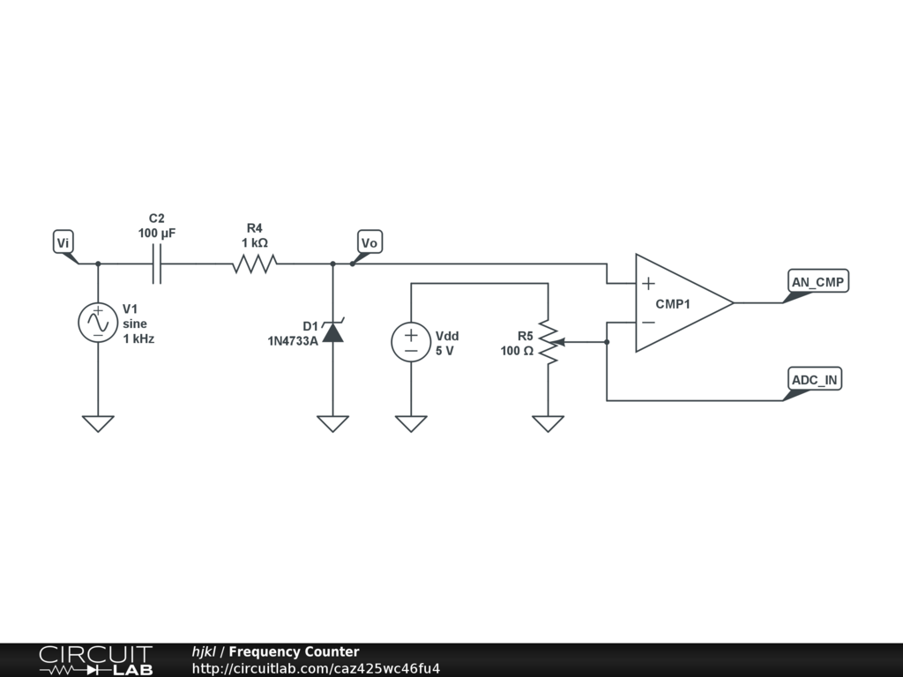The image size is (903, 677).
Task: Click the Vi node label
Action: pos(63,242)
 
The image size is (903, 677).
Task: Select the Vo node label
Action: pos(370,242)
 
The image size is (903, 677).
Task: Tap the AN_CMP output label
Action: pos(817,282)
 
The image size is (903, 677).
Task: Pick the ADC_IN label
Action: pos(815,380)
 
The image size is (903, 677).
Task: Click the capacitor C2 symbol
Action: pos(157,264)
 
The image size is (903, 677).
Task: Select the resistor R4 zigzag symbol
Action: pos(255,264)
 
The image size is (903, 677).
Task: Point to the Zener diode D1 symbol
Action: pos(332,332)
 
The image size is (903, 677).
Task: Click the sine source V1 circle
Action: pos(98,323)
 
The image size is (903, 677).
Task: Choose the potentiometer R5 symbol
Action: pos(549,342)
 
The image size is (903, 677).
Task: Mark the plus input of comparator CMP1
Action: pos(648,284)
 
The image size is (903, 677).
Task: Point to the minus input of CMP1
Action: pos(648,323)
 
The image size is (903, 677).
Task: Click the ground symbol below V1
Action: pos(98,423)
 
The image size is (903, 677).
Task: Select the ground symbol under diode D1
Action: pos(332,423)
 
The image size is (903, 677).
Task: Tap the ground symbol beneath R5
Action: pos(549,423)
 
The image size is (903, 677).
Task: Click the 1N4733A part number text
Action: pos(293,340)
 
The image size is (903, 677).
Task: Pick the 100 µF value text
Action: pos(157,234)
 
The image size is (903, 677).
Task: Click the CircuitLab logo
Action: pos(95,660)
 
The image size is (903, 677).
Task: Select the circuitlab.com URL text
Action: pos(316,668)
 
